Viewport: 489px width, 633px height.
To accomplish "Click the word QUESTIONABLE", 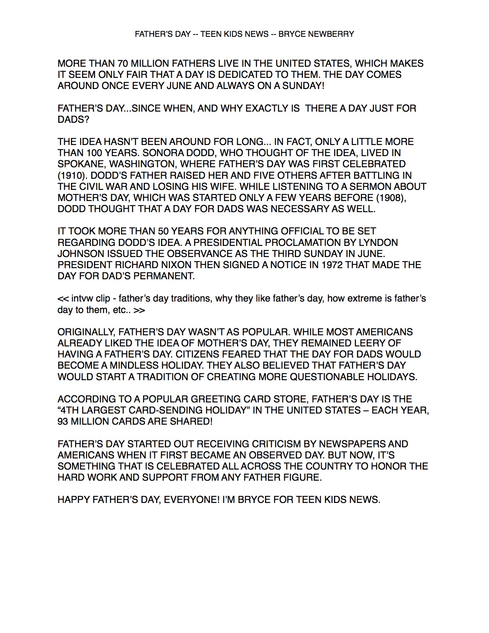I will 327,377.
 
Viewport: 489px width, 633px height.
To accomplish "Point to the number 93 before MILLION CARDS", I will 63,421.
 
